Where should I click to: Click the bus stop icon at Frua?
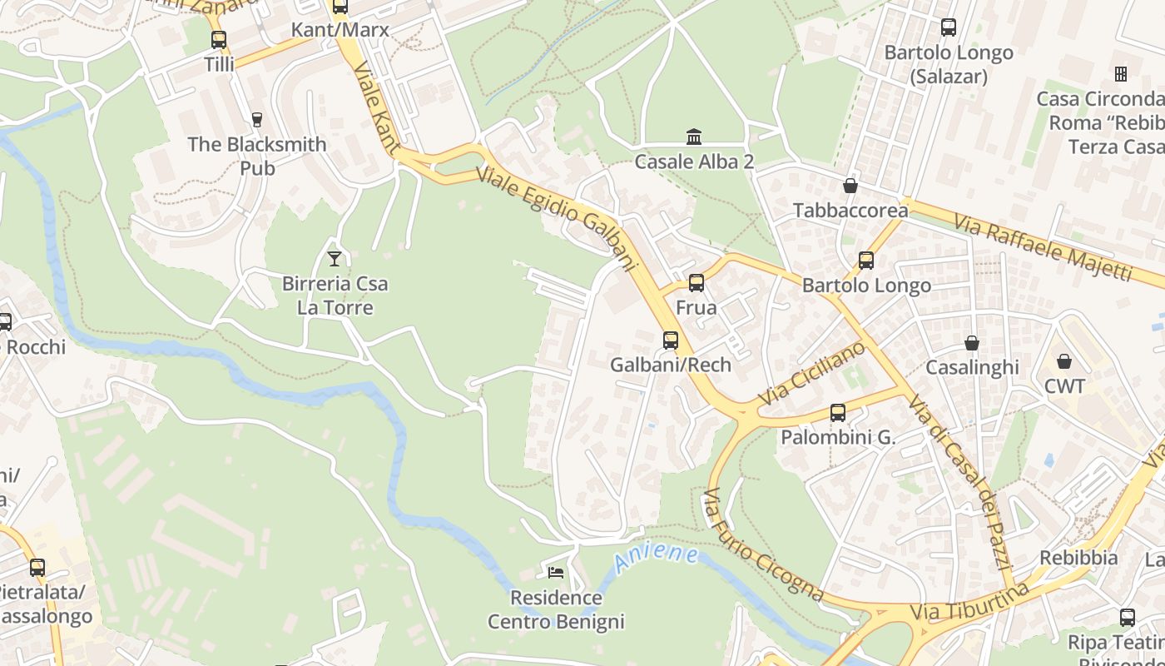pyautogui.click(x=697, y=283)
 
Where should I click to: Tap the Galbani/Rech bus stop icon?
pyautogui.click(x=671, y=340)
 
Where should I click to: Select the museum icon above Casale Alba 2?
pyautogui.click(x=694, y=137)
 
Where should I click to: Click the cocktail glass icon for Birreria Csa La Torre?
pyautogui.click(x=335, y=259)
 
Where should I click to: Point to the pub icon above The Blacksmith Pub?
pyautogui.click(x=257, y=120)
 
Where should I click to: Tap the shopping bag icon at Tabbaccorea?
pyautogui.click(x=850, y=186)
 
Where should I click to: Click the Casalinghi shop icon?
pyautogui.click(x=972, y=343)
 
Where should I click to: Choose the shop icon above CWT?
pyautogui.click(x=1064, y=361)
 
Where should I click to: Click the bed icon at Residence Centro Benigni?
pyautogui.click(x=556, y=572)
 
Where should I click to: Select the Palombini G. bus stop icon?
pyautogui.click(x=838, y=412)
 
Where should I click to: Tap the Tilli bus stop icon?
pyautogui.click(x=219, y=39)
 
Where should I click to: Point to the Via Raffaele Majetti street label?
pyautogui.click(x=1043, y=247)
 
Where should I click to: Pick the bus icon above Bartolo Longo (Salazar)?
pyautogui.click(x=949, y=27)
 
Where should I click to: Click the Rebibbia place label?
pyautogui.click(x=1078, y=558)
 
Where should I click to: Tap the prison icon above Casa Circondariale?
pyautogui.click(x=1121, y=74)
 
